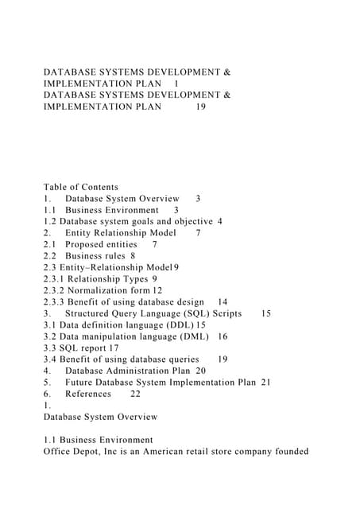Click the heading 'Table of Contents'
[80, 187]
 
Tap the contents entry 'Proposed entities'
[101, 244]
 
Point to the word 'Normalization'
[110, 290]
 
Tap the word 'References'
[88, 394]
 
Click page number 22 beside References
[135, 394]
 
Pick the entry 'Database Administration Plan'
[127, 371]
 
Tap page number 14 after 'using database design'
[223, 302]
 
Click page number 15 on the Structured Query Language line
[265, 313]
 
